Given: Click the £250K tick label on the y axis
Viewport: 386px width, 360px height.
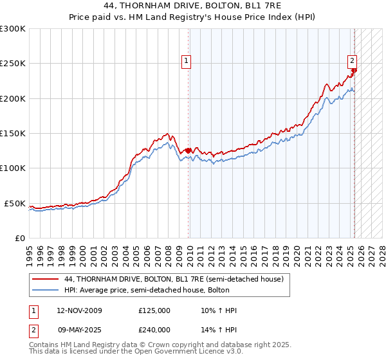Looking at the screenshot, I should pos(13,64).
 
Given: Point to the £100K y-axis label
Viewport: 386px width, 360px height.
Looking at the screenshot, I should pos(13,168).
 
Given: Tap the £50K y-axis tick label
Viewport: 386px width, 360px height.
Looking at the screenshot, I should pos(15,203).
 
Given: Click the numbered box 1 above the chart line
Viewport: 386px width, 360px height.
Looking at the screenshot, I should pos(186,61).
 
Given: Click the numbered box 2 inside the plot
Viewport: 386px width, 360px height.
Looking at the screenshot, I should pos(353,61).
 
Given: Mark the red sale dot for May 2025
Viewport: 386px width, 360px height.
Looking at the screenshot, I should pos(354,71).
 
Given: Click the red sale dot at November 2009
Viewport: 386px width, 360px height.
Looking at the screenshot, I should pos(188,151).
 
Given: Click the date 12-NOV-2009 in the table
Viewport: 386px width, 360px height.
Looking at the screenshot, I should pos(79,310).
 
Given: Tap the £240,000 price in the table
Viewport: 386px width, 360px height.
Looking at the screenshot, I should pos(154,330).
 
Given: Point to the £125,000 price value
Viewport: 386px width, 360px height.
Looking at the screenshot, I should pos(154,310).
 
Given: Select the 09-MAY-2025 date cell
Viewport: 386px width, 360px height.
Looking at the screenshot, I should pos(79,330).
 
